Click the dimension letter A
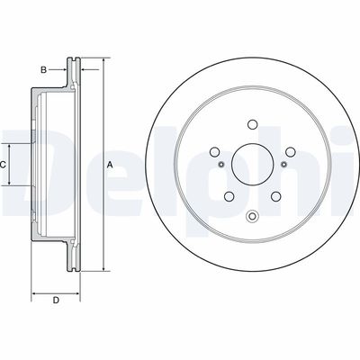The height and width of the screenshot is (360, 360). click(x=110, y=165)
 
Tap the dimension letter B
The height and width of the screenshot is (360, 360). click(x=44, y=70)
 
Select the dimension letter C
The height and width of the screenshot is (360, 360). click(x=3, y=165)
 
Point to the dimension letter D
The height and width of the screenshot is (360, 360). click(x=56, y=300)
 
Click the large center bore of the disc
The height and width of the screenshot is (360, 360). click(x=252, y=164)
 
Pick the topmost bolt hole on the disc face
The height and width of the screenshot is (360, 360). click(x=253, y=124)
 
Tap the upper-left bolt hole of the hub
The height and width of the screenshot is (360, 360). click(x=214, y=152)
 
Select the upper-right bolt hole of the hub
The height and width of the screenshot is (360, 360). click(x=291, y=152)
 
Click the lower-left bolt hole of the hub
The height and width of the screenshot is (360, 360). click(x=229, y=196)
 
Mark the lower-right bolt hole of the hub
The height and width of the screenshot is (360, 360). click(x=275, y=196)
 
